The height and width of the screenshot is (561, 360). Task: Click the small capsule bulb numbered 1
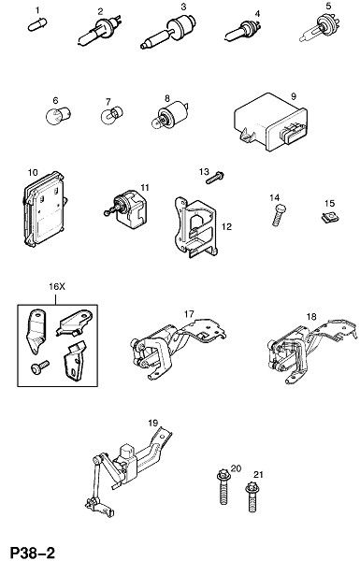[x=37, y=25]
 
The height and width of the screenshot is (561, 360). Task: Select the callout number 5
[x=328, y=7]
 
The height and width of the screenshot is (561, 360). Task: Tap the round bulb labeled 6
[x=58, y=115]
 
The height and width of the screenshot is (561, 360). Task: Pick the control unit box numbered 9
[x=271, y=122]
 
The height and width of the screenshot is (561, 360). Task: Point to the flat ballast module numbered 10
[x=44, y=209]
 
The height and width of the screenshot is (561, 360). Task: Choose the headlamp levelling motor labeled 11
[x=128, y=209]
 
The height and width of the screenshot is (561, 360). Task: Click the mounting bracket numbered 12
[x=195, y=227]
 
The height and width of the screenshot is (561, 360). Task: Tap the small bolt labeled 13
[x=215, y=178]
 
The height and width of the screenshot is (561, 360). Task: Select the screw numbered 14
[x=280, y=215]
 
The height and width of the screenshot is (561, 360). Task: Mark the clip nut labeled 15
[x=329, y=217]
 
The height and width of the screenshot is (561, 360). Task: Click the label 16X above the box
[x=57, y=287]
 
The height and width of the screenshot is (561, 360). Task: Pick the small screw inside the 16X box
[x=39, y=367]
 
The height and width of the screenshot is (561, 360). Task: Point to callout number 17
[x=189, y=314]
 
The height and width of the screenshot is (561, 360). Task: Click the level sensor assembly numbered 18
[x=311, y=351]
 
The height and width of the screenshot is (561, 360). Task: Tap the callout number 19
[x=153, y=423]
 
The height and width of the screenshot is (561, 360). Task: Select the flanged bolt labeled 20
[x=223, y=486]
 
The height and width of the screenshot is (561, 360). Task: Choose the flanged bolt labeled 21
[x=252, y=497]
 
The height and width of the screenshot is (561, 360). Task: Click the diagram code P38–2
[x=33, y=553]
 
